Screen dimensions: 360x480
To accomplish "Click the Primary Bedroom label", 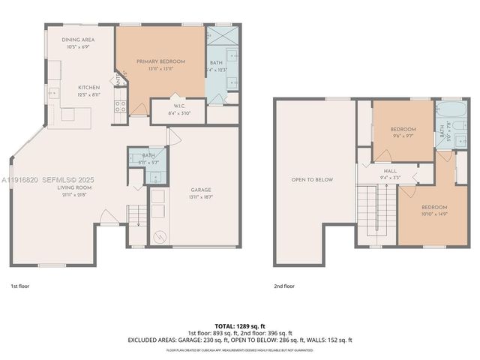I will (160, 61).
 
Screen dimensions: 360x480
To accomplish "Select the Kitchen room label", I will (89, 87).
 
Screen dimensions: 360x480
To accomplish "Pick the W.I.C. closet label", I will (175, 106).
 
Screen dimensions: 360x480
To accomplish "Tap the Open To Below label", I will (313, 179).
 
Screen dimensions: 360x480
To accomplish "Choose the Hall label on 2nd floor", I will (391, 172).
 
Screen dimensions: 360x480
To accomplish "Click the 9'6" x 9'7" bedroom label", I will (402, 130).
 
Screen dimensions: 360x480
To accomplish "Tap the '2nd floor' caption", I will (284, 286).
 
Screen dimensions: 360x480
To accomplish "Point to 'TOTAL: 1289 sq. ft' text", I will (239, 325).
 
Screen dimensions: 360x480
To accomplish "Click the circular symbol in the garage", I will (158, 237).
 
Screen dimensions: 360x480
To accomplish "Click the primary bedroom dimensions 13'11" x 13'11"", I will (160, 68).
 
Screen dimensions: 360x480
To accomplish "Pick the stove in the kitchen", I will (120, 106).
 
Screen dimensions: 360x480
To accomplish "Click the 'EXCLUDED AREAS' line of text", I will (239, 340).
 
